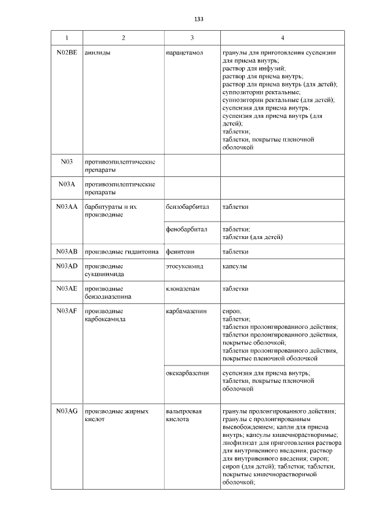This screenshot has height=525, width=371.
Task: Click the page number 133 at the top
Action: click(x=198, y=19)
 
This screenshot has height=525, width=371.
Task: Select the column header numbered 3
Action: click(x=192, y=38)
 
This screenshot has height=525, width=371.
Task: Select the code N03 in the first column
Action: click(x=66, y=161)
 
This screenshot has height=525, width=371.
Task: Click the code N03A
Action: click(x=66, y=184)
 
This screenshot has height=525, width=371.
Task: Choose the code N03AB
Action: click(x=66, y=252)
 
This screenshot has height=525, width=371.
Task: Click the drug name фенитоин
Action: click(x=181, y=252)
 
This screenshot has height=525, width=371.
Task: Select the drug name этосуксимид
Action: click(x=185, y=266)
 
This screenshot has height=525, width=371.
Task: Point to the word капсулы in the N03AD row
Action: click(x=235, y=266)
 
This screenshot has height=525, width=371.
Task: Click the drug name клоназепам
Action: click(x=183, y=288)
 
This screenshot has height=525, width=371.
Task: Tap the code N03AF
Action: click(x=66, y=311)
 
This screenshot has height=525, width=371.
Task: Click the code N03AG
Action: click(x=66, y=411)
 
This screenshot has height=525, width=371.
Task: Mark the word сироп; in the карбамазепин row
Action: click(x=232, y=311)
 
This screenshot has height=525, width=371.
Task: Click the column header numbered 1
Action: click(x=66, y=38)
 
